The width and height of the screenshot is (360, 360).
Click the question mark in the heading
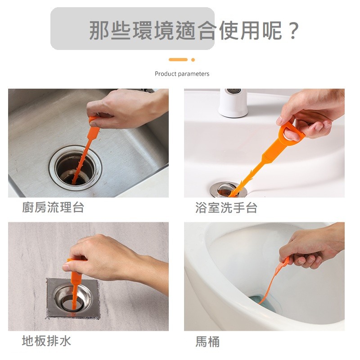point(293,30)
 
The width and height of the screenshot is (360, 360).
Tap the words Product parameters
point(182,74)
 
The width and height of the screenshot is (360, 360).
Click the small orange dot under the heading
point(193,59)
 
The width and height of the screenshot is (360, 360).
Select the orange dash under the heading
point(178,59)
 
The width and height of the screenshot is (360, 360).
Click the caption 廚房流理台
point(53,207)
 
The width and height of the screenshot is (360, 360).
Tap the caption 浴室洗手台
point(226,207)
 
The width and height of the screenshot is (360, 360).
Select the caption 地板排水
point(46,341)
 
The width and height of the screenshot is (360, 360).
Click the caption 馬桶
point(207,342)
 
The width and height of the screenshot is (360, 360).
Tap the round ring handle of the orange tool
point(288,134)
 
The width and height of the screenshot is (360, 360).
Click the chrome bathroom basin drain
point(227,189)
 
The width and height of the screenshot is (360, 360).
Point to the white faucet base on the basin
point(233,103)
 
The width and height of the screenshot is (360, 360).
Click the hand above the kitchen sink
point(121,108)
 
